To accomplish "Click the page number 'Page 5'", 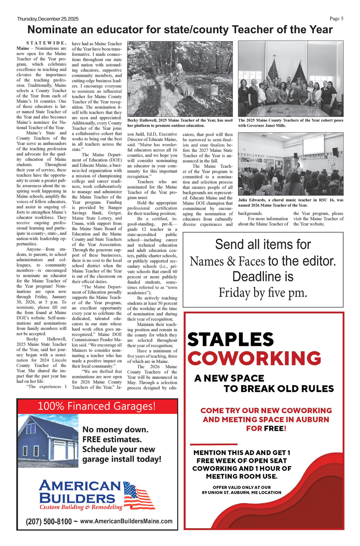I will [x=336, y=19].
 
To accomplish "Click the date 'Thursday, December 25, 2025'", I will [x=48, y=19].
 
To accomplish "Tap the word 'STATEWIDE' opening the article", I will [x=46, y=43].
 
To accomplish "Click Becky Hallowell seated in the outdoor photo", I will [x=179, y=79].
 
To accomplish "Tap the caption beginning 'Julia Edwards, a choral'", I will [x=291, y=202].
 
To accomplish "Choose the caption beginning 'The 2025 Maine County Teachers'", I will [x=291, y=123].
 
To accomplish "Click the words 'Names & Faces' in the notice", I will [x=227, y=261].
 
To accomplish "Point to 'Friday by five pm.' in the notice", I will [x=263, y=293].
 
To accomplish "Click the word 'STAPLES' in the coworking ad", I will [x=230, y=339].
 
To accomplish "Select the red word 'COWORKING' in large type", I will [x=254, y=358].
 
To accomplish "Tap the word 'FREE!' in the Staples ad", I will [x=275, y=428].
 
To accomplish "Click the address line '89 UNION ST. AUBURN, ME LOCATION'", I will [x=242, y=492].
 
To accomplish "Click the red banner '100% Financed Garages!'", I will [x=97, y=406].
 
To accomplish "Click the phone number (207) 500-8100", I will [x=49, y=522].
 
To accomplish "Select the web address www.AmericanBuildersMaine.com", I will [x=126, y=521].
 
